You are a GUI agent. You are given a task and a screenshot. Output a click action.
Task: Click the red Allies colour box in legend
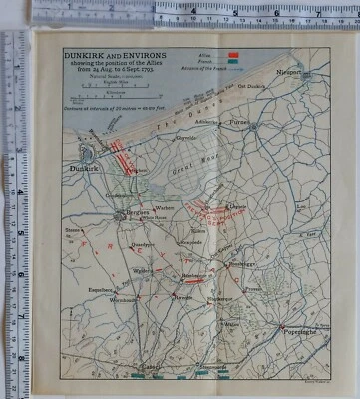233,53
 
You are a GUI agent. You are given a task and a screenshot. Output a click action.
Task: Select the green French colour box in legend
233,59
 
